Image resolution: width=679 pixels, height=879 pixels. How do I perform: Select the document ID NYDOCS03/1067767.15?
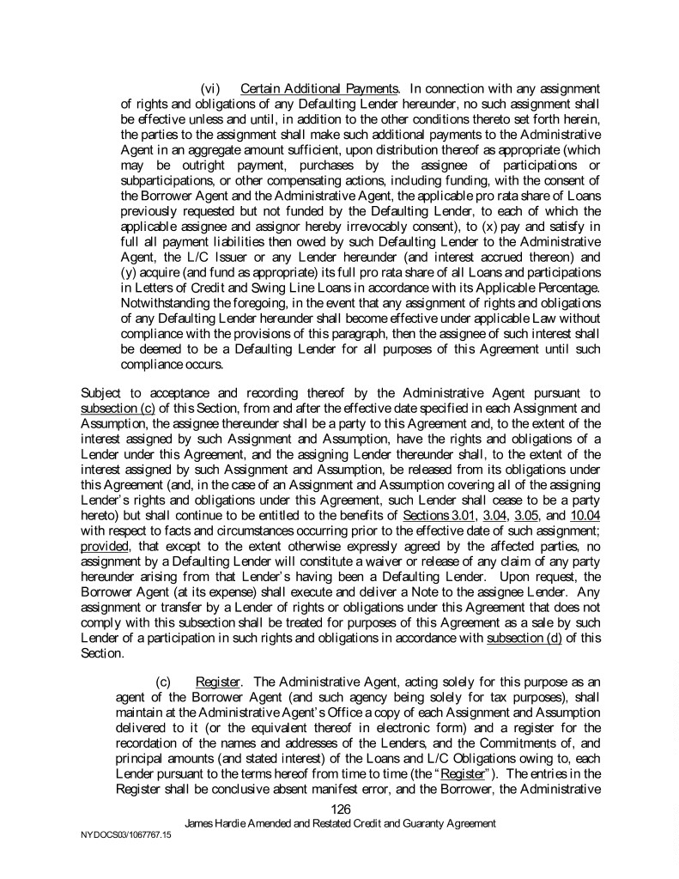[x=124, y=845]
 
